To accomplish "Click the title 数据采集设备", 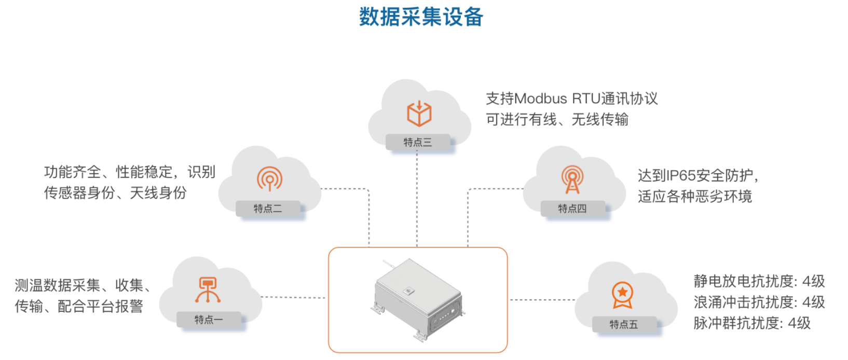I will click(421, 17).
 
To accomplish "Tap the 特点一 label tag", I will click(209, 320).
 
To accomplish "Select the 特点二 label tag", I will click(268, 209).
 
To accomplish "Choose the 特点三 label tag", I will click(418, 142).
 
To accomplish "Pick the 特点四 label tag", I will click(572, 209).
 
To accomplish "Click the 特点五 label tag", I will click(624, 325).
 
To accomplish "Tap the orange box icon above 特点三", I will click(419, 114).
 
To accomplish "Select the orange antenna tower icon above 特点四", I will click(572, 179).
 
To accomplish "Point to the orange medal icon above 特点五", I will click(622, 295).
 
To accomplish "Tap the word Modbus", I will click(541, 99).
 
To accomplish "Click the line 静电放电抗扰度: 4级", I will click(759, 281).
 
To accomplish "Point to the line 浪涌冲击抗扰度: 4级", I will click(759, 302).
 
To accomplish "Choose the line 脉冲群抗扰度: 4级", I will click(751, 323).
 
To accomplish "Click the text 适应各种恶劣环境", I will click(695, 197).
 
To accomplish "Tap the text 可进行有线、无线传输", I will click(557, 120).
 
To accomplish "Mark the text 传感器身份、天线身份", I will click(115, 193).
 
